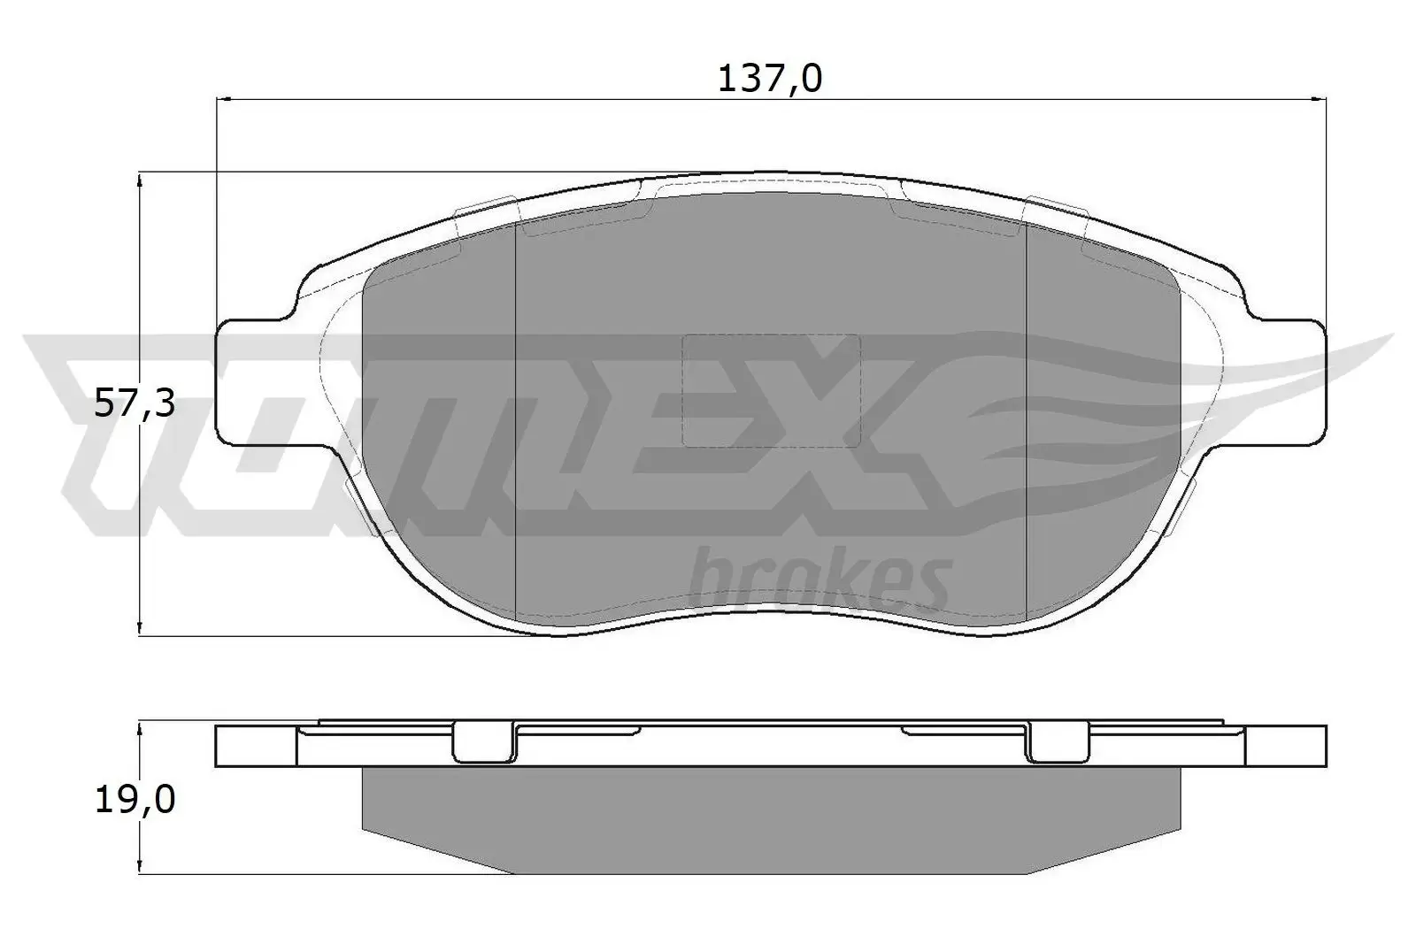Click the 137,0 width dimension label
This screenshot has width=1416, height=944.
(x=769, y=80)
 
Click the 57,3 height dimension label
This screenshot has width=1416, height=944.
(x=135, y=405)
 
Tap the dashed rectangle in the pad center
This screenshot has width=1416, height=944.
(x=771, y=389)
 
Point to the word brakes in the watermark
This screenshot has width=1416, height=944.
(x=818, y=579)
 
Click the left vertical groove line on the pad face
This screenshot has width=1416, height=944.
(x=515, y=416)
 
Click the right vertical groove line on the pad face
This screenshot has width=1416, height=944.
(x=1025, y=416)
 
